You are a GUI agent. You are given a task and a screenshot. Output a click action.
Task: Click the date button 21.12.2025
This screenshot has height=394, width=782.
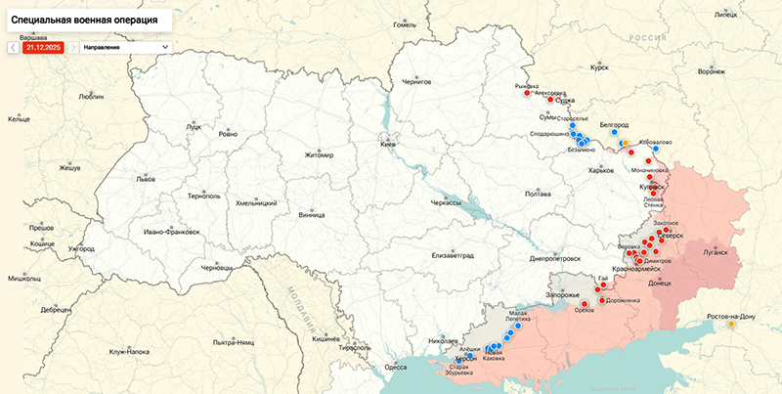[44, 46]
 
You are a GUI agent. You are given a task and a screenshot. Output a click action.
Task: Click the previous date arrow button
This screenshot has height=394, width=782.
[13, 46]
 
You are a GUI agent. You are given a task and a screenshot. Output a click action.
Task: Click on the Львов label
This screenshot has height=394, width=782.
[146, 180]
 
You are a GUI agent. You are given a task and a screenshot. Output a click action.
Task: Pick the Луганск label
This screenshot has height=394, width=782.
[716, 251]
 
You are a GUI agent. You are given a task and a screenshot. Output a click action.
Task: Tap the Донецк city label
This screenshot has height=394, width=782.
[660, 284]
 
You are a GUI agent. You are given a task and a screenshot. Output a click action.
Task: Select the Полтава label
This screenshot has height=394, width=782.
[539, 194]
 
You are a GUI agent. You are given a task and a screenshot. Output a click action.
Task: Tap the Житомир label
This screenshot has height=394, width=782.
[319, 154]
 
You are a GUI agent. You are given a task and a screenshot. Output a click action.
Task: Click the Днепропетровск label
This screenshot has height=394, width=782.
[554, 259]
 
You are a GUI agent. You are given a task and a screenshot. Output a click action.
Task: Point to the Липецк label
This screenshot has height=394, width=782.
[725, 15]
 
